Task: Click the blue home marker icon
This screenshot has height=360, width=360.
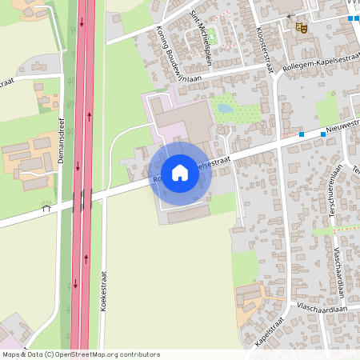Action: tap(180, 172)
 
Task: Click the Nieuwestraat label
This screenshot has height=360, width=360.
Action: tap(342, 128)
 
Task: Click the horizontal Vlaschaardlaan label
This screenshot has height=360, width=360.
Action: tap(324, 307)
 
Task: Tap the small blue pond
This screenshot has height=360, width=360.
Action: tap(224, 108)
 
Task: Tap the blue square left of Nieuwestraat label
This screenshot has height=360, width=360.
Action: tap(301, 134)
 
